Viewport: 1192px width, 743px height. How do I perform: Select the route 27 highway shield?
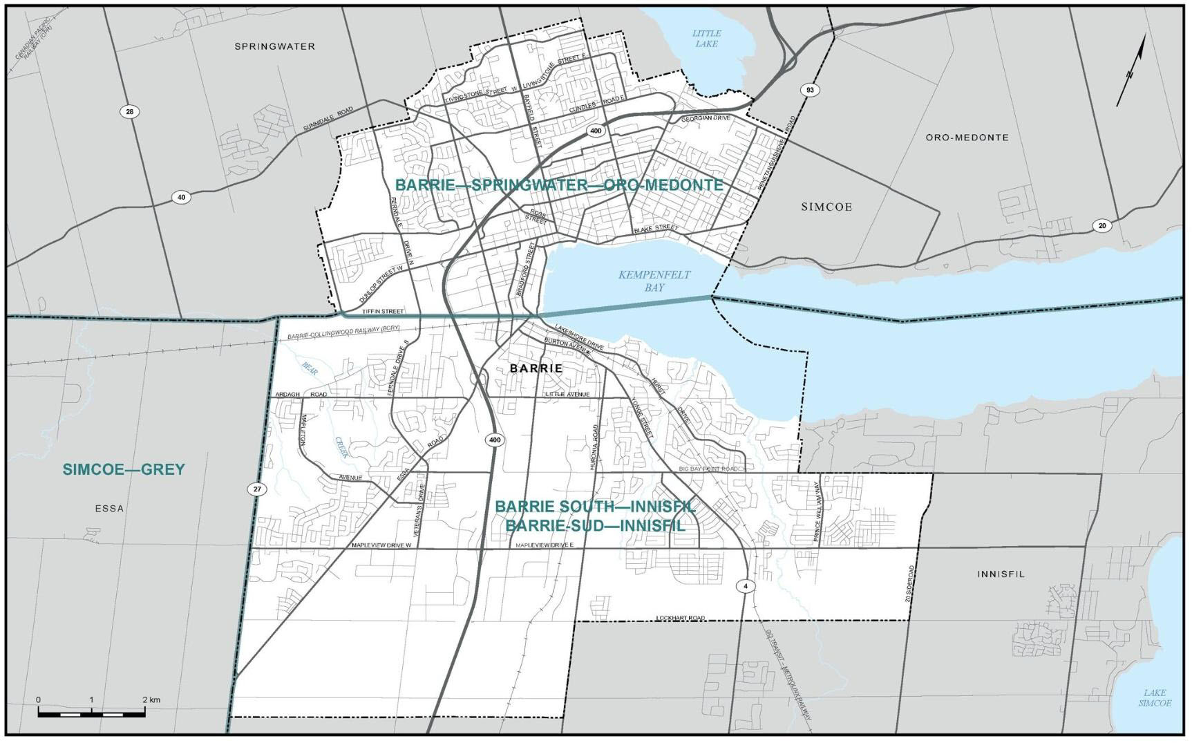(x=256, y=489)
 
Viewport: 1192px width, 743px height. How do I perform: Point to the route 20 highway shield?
(x=1101, y=225)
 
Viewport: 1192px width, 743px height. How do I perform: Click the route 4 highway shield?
(x=746, y=585)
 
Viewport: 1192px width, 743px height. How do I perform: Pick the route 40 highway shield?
(x=181, y=197)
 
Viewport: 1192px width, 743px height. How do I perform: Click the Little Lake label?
(x=706, y=38)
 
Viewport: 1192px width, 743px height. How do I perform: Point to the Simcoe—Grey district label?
(x=124, y=469)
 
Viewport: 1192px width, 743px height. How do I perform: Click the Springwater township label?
(x=274, y=46)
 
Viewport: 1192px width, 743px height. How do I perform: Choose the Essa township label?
(x=109, y=508)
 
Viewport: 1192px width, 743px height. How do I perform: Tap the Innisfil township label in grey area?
(x=1001, y=574)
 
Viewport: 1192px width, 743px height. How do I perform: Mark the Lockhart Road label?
(x=681, y=618)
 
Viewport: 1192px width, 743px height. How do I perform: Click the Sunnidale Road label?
(x=328, y=120)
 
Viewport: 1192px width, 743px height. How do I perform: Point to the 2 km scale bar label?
(x=151, y=699)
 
